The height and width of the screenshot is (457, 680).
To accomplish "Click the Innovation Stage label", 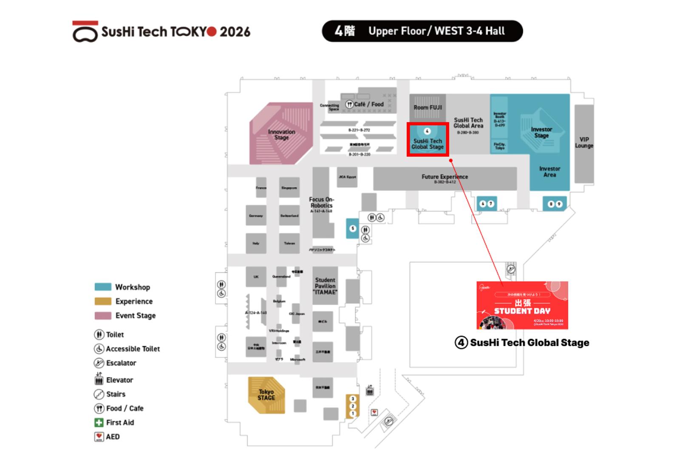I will pyautogui.click(x=281, y=135).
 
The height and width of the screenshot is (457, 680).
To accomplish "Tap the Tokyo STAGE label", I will pyautogui.click(x=266, y=395).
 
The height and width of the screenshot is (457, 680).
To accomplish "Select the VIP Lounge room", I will pyautogui.click(x=584, y=143).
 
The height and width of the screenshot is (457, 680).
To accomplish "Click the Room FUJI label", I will pyautogui.click(x=428, y=107).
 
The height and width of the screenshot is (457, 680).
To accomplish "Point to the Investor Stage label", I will pyautogui.click(x=541, y=133).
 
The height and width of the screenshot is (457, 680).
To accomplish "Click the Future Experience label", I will pyautogui.click(x=445, y=177).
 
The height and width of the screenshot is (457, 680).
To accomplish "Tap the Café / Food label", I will pyautogui.click(x=368, y=104).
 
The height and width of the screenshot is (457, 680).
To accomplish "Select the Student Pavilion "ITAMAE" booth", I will pyautogui.click(x=325, y=286).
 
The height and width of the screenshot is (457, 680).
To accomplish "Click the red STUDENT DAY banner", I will pyautogui.click(x=522, y=305).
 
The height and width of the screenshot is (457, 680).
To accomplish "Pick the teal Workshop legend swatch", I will pyautogui.click(x=103, y=287).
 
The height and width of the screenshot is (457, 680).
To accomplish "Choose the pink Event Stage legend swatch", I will pyautogui.click(x=103, y=316).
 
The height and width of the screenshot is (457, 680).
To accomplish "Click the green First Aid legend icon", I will pyautogui.click(x=99, y=423).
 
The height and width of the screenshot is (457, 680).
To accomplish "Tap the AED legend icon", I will pyautogui.click(x=99, y=437).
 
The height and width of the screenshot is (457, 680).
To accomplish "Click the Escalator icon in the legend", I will pyautogui.click(x=99, y=363).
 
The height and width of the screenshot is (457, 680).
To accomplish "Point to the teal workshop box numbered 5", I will pyautogui.click(x=352, y=228).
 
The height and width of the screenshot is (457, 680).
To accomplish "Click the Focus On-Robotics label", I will pyautogui.click(x=321, y=203).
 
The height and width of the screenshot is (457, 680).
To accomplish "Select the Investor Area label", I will pyautogui.click(x=550, y=172).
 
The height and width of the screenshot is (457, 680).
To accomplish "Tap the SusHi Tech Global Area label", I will pyautogui.click(x=468, y=123).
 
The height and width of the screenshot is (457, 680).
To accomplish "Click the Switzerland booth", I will pyautogui.click(x=289, y=216).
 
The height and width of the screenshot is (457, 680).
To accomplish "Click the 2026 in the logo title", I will pyautogui.click(x=235, y=32).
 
